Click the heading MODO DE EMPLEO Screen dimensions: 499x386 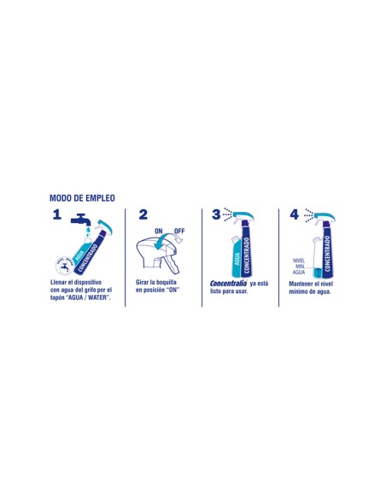(82, 197)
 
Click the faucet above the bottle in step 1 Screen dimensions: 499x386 (80, 220)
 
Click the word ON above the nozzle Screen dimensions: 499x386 (159, 231)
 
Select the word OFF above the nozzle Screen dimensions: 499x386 (178, 231)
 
